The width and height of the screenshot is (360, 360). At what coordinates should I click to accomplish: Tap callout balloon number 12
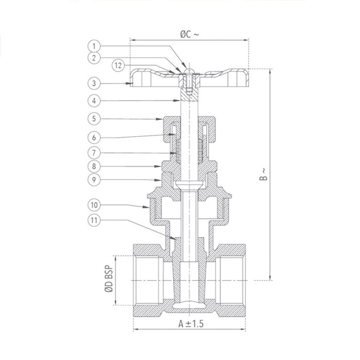click(118, 65)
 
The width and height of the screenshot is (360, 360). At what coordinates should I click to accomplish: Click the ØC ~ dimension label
click(189, 34)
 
